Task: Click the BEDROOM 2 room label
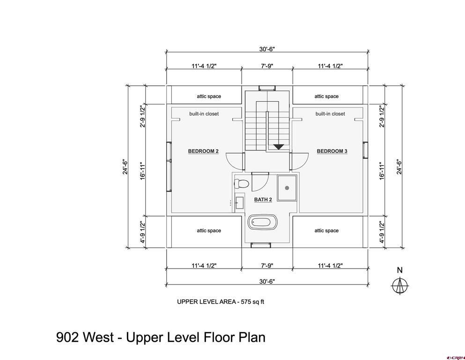pos(203,151)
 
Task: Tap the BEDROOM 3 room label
pos(332,151)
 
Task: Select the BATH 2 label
pos(263,200)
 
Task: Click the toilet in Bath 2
pos(241,184)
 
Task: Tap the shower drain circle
pos(287,187)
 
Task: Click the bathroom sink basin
pos(239,203)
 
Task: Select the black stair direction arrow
pos(279,147)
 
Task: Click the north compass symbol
pos(400,286)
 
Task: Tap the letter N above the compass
pos(400,270)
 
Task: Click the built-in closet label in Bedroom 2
pos(204,113)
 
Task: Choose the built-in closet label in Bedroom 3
pos(330,113)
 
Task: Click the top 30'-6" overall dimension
pos(267,49)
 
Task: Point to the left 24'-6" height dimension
pos(125,167)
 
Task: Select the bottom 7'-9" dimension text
pos(267,266)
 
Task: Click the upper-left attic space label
pos(209,96)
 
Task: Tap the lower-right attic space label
pos(326,231)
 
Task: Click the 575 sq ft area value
pos(252,302)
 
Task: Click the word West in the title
pos(98,337)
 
